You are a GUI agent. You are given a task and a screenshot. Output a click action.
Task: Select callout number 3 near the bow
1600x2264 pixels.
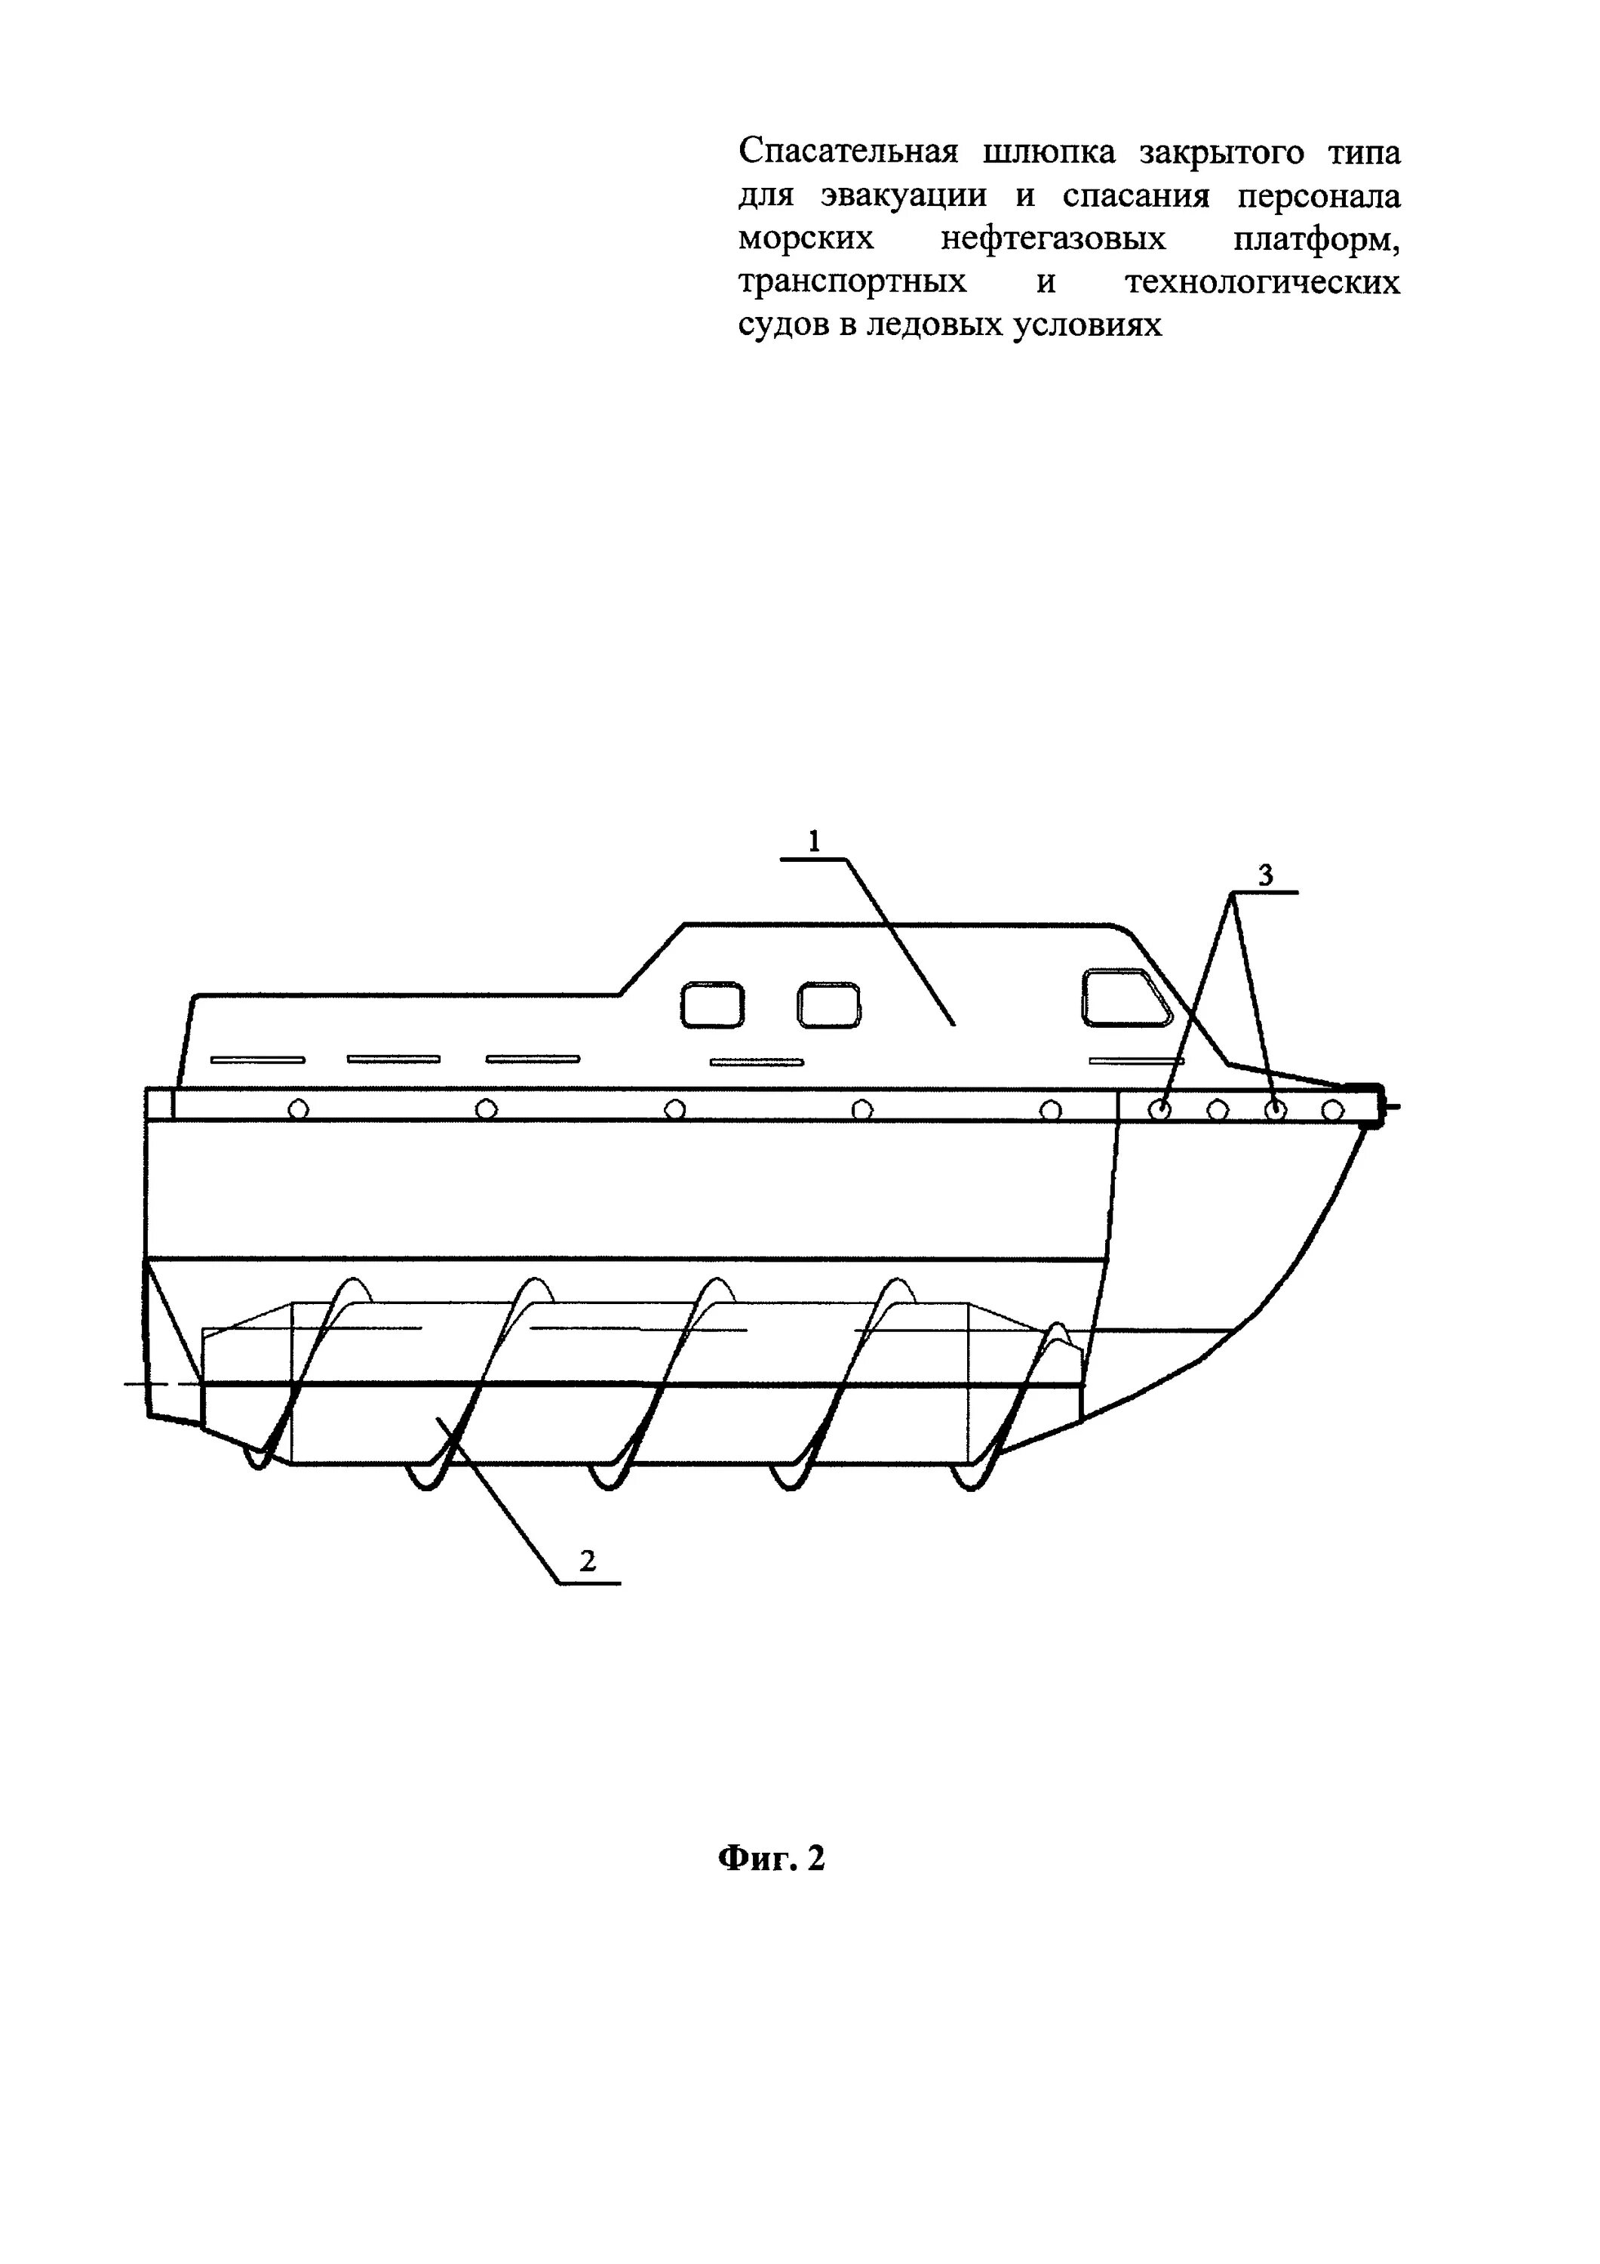pyautogui.click(x=1266, y=874)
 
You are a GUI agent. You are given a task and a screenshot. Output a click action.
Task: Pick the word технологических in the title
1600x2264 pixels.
pyautogui.click(x=1262, y=282)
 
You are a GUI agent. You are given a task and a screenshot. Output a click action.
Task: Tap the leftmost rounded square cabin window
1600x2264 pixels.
pyautogui.click(x=712, y=1004)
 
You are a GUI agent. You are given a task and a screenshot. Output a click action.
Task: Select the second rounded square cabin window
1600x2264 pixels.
pyautogui.click(x=828, y=1004)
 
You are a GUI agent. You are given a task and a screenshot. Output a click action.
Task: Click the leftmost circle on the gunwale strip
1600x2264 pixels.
pyautogui.click(x=298, y=1109)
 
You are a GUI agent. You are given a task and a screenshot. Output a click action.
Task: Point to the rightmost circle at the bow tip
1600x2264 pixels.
pyautogui.click(x=1332, y=1110)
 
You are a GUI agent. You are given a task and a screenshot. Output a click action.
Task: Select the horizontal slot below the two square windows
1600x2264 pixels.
pyautogui.click(x=757, y=1062)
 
